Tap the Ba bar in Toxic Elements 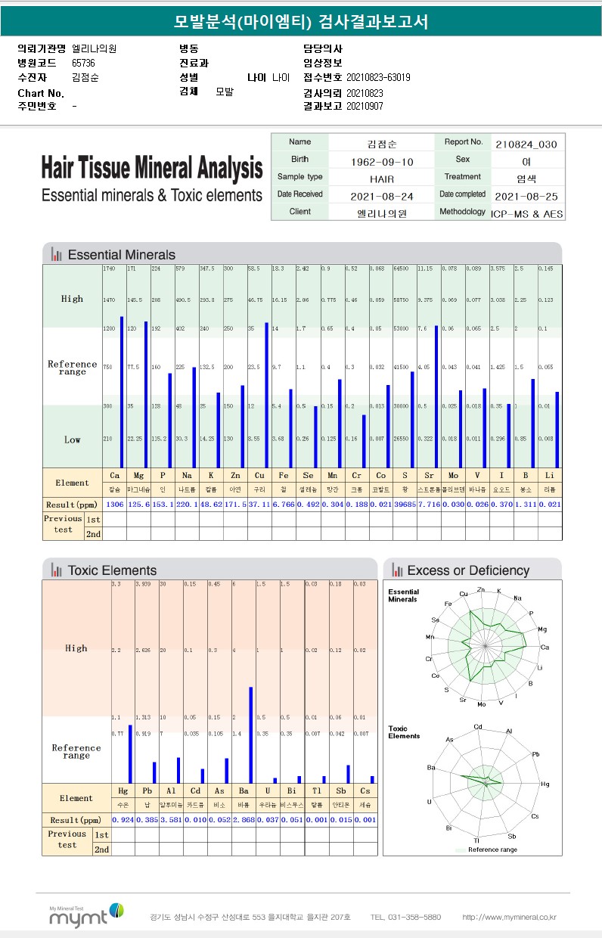(x=251, y=735)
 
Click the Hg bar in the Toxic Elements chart (x=130, y=753)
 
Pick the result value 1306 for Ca (x=114, y=504)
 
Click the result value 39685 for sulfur (x=405, y=504)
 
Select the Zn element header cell (x=235, y=476)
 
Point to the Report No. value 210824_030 (x=526, y=144)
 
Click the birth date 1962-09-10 (x=382, y=162)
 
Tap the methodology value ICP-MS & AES (x=526, y=214)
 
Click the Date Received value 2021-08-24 (x=382, y=196)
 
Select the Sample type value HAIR (x=382, y=179)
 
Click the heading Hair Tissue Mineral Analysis (x=152, y=167)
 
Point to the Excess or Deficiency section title (x=468, y=570)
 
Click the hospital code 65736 (x=84, y=63)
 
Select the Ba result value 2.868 (x=244, y=820)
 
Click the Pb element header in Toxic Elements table (x=147, y=791)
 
